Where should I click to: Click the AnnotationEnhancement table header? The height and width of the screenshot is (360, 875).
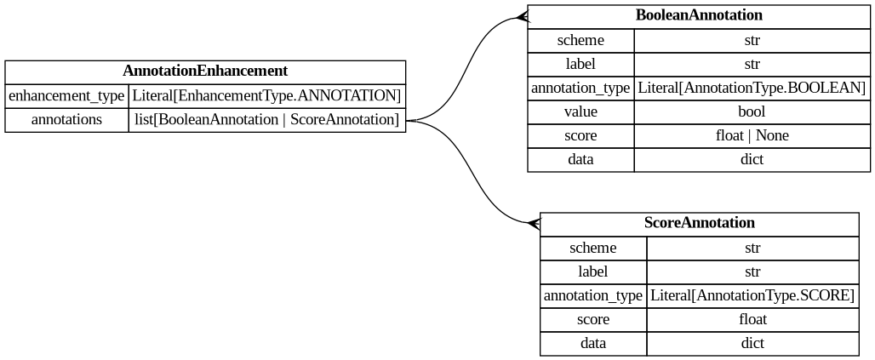[205, 71]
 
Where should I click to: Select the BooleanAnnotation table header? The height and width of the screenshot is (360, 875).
[699, 15]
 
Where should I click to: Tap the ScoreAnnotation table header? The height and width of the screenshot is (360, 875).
[699, 223]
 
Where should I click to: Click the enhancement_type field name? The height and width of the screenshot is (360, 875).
[66, 96]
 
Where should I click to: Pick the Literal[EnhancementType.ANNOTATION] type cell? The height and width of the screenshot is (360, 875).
[266, 96]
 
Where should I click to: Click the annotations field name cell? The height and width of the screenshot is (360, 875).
[66, 120]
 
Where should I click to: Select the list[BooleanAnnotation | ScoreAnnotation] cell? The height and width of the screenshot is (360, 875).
[266, 120]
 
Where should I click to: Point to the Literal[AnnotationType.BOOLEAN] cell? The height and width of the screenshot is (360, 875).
[752, 88]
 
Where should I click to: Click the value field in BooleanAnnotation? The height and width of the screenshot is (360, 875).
[580, 111]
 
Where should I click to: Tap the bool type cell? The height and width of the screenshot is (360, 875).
[752, 111]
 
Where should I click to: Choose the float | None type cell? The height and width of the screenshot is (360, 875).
[752, 135]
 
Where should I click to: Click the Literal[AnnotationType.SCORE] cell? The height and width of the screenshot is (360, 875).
[752, 296]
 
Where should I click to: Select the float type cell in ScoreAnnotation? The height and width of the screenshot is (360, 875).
[752, 320]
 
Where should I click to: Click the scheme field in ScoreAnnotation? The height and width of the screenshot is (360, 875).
[593, 249]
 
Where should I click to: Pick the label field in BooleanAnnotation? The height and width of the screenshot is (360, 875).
[580, 64]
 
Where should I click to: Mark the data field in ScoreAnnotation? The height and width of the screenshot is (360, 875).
[593, 344]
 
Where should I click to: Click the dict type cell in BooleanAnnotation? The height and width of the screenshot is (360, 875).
[752, 159]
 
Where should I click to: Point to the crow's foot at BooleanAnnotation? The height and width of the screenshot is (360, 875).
[522, 17]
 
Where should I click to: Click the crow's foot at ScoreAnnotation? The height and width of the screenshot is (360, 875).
[534, 224]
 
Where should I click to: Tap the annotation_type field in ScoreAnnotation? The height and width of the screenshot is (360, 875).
[593, 296]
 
